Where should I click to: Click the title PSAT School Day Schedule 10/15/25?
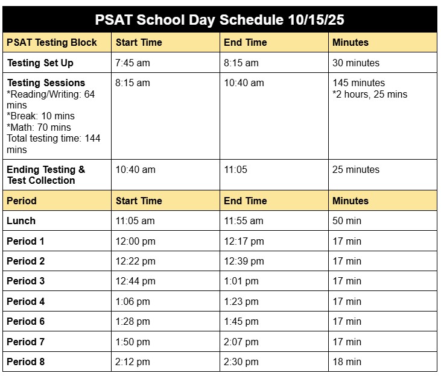click(220, 20)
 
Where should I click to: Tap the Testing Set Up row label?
click(40, 63)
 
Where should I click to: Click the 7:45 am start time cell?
click(133, 63)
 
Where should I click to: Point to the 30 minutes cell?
click(356, 63)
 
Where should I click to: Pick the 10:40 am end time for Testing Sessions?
click(244, 83)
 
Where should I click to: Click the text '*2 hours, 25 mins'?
click(370, 95)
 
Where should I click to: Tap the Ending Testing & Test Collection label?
click(46, 175)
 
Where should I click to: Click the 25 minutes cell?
click(356, 170)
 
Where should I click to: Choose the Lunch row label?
click(21, 221)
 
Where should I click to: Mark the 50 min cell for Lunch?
click(347, 221)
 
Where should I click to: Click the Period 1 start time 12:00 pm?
click(135, 242)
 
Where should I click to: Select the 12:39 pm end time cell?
click(244, 262)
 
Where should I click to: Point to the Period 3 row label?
click(25, 281)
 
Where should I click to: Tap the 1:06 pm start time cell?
click(133, 302)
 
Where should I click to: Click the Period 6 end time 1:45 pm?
click(241, 322)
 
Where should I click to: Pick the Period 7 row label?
click(25, 342)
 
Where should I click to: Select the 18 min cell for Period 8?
click(347, 362)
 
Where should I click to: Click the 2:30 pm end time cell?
click(241, 362)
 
